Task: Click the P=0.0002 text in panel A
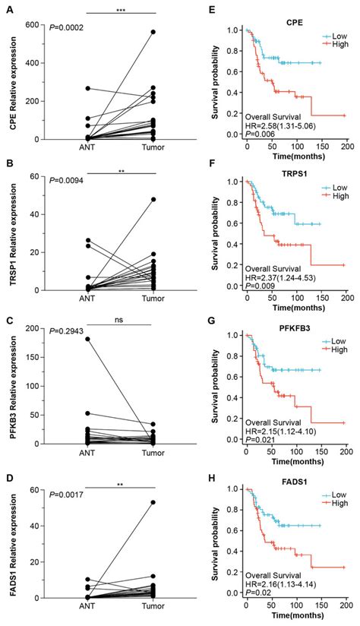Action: (68, 28)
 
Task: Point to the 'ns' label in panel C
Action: (121, 321)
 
